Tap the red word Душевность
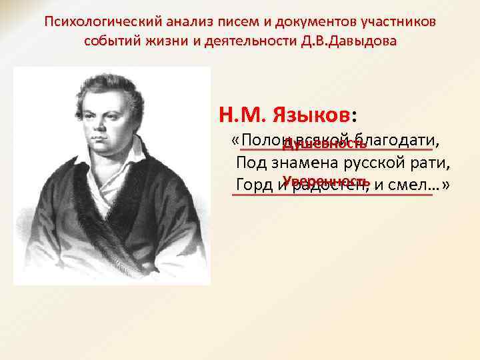[x=324, y=145]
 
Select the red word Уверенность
[x=325, y=181]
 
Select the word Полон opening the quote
[x=263, y=141]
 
